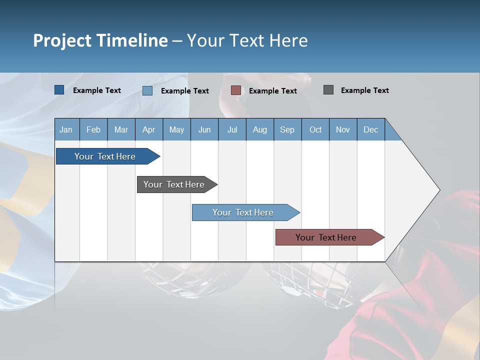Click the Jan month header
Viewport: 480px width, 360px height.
[x=66, y=129]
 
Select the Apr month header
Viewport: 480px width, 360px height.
[x=148, y=129]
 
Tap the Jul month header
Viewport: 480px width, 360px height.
[x=232, y=129]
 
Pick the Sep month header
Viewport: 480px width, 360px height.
[x=287, y=129]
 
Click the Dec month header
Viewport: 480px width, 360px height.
[x=370, y=129]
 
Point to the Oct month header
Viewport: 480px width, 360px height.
[x=315, y=129]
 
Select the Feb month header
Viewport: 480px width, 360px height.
[x=93, y=129]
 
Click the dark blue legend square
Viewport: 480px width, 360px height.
[x=59, y=90]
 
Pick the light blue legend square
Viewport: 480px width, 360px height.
[x=147, y=90]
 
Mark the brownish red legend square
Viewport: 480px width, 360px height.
[x=236, y=90]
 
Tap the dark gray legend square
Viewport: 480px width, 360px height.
[x=328, y=90]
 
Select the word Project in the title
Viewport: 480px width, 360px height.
[x=62, y=40]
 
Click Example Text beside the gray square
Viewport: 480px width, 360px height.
[x=364, y=90]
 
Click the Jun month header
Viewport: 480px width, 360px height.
[x=204, y=129]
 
